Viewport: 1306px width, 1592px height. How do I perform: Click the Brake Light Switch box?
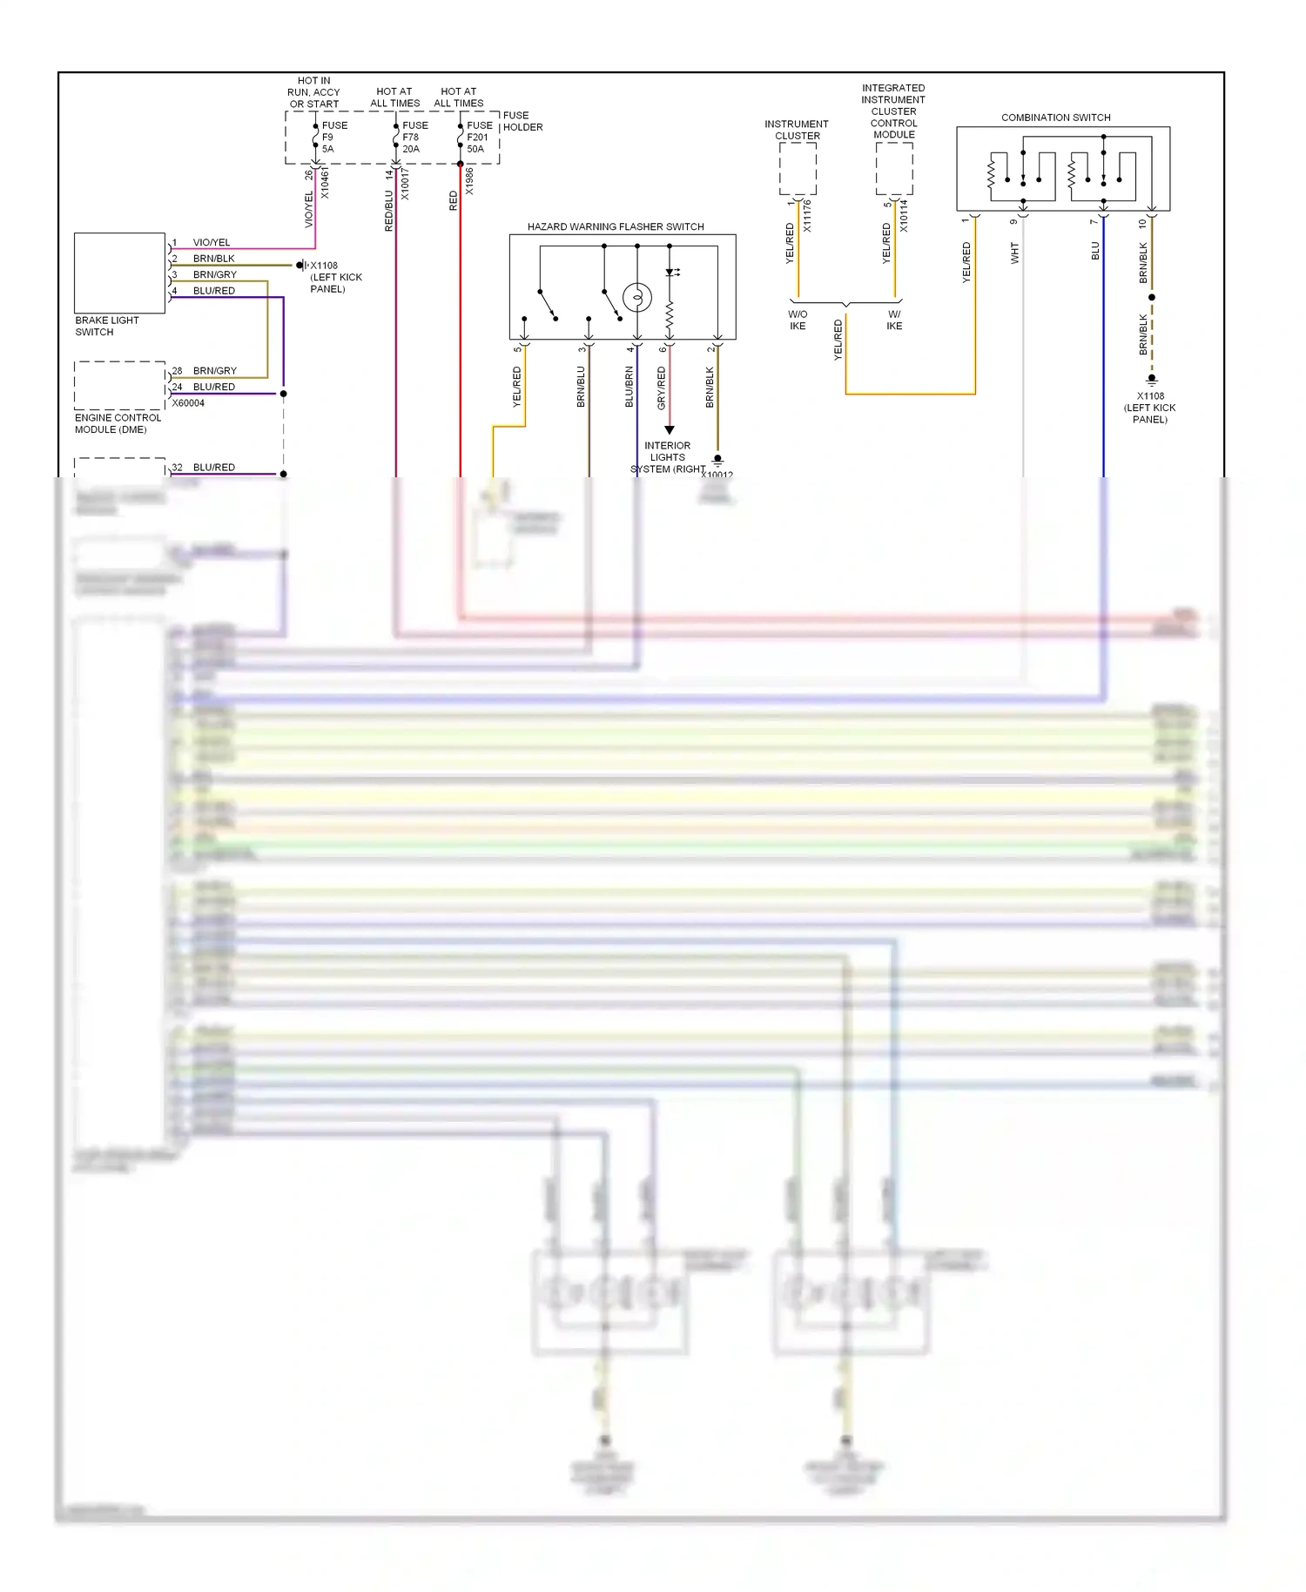119,273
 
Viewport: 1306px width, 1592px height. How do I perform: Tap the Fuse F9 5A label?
334,137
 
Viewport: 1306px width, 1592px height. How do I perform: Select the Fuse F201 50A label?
479,137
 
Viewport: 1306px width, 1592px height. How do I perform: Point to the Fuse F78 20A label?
414,137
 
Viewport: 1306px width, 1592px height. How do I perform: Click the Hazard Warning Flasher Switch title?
616,226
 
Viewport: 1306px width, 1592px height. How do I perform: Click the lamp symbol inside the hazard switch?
637,298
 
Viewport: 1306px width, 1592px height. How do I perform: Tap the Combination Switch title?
1055,118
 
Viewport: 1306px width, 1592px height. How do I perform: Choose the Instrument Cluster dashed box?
798,169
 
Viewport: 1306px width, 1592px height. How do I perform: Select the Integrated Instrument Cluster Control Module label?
893,111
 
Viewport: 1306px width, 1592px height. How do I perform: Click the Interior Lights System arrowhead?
669,429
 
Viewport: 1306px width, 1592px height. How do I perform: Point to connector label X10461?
325,184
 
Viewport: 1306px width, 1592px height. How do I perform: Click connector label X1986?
469,181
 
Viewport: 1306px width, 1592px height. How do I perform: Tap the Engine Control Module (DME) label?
118,423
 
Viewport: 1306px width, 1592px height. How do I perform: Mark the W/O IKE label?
798,320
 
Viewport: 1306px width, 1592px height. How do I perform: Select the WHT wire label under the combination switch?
1014,253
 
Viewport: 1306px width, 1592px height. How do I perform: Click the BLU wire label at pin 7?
1095,251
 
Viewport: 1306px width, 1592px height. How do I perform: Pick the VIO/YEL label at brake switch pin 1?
212,242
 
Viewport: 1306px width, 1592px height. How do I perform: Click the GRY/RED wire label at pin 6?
661,388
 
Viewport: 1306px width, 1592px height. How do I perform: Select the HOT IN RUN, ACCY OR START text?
313,92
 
